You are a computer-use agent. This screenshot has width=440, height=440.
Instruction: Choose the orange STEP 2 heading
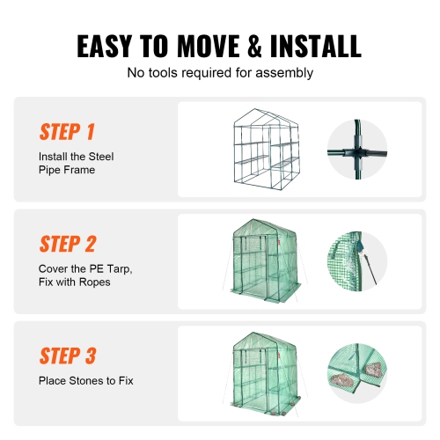click(x=67, y=244)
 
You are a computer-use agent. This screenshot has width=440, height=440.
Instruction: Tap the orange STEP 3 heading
click(x=67, y=356)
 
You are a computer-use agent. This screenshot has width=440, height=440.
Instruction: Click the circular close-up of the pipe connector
click(x=357, y=148)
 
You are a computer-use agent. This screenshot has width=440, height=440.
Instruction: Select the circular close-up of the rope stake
click(x=357, y=261)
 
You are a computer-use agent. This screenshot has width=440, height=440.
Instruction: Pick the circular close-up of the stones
click(x=357, y=372)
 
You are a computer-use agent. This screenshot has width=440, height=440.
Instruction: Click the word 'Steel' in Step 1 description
click(x=99, y=157)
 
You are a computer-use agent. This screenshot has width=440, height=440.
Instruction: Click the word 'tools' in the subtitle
click(x=161, y=72)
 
